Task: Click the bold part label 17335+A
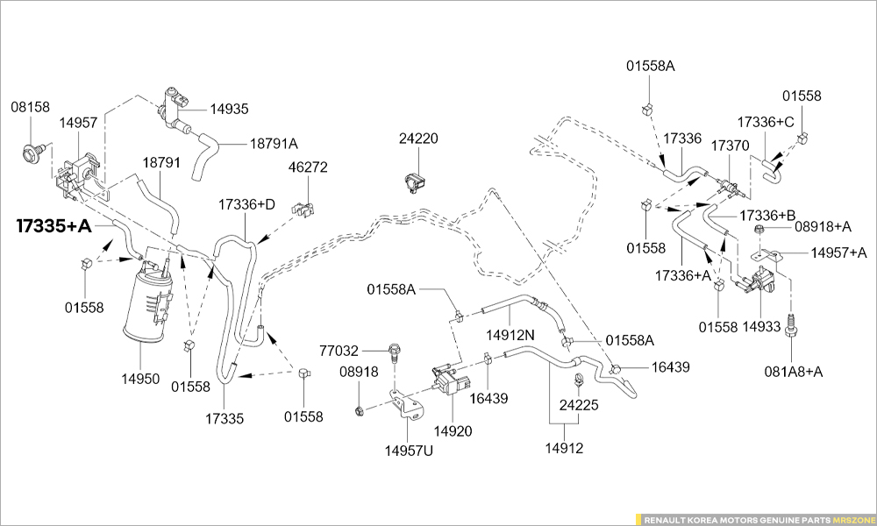coord(53,226)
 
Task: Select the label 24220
coord(418,139)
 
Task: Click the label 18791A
coord(274,144)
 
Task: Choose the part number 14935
coord(229,110)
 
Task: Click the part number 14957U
coord(409,451)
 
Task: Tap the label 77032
coord(339,350)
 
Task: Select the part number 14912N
coord(510,334)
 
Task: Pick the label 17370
coord(730,145)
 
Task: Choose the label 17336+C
coord(765,122)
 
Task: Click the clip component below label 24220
coord(414,181)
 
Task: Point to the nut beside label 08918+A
coord(759,230)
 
